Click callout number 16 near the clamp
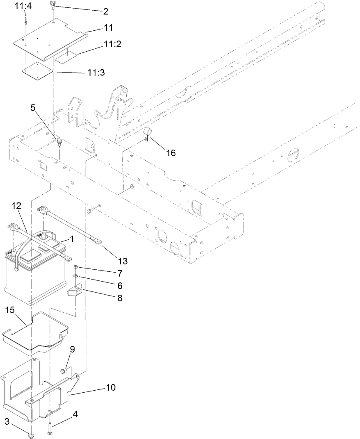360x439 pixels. click(171, 152)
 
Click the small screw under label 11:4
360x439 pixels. click(25, 21)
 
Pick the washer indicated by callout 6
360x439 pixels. click(76, 276)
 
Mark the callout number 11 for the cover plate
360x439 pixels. click(108, 27)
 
